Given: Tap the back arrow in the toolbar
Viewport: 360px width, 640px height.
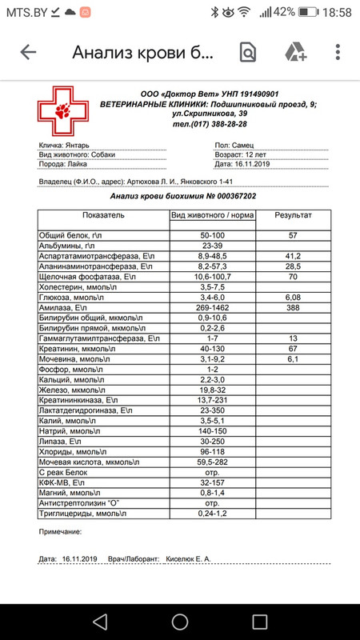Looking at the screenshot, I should coord(29,53).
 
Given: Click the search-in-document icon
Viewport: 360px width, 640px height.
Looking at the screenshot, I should coord(248,53).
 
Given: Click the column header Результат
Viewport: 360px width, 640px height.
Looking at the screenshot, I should coord(293,216).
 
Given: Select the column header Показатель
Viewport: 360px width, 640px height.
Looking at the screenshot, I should coord(103,216).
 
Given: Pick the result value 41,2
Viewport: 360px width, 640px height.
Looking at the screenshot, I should coord(293,254).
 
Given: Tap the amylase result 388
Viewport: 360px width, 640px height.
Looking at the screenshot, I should coord(293,307).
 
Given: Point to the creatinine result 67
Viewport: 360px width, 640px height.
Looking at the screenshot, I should coord(293,350).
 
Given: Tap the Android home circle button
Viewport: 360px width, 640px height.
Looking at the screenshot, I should coord(180,621).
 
